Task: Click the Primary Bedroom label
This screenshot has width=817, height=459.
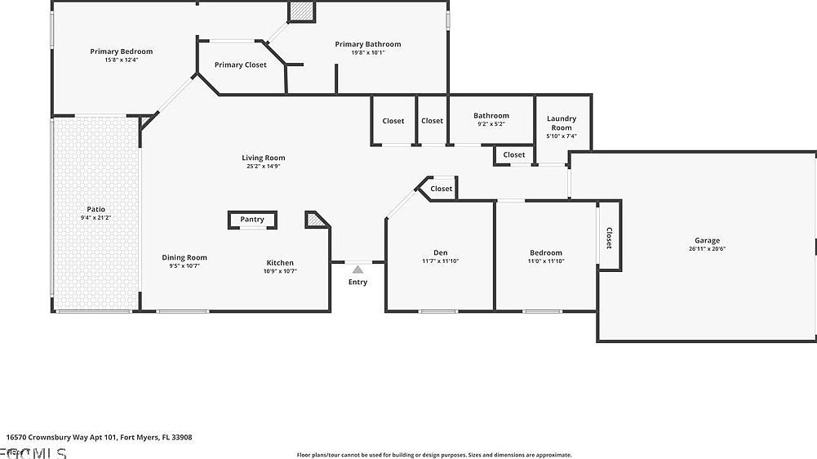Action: point(121,51)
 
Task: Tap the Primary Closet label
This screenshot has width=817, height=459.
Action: point(240,65)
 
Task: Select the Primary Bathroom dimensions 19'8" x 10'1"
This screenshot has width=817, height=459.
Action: point(367,52)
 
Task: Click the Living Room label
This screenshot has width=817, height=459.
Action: point(263,158)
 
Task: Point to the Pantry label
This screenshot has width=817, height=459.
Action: point(252,219)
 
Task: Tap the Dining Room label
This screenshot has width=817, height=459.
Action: point(184,257)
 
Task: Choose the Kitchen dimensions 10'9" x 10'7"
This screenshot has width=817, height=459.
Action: point(281,270)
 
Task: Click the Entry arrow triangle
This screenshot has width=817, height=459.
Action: point(357,268)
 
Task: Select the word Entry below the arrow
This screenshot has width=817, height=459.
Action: point(357,282)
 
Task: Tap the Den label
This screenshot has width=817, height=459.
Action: point(440,252)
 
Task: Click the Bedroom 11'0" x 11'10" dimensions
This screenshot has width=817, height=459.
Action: point(546,261)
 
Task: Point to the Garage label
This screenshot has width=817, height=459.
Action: point(707,240)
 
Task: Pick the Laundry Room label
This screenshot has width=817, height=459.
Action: point(562,123)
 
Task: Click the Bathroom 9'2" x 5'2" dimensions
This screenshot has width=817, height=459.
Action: point(491,124)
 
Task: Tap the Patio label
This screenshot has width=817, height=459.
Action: point(95,209)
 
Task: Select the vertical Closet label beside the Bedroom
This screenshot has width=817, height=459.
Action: point(609,238)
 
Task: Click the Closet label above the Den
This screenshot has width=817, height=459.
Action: point(442,189)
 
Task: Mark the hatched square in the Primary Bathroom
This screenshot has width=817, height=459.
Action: point(301,11)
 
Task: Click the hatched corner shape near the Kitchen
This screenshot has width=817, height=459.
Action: point(316,219)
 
